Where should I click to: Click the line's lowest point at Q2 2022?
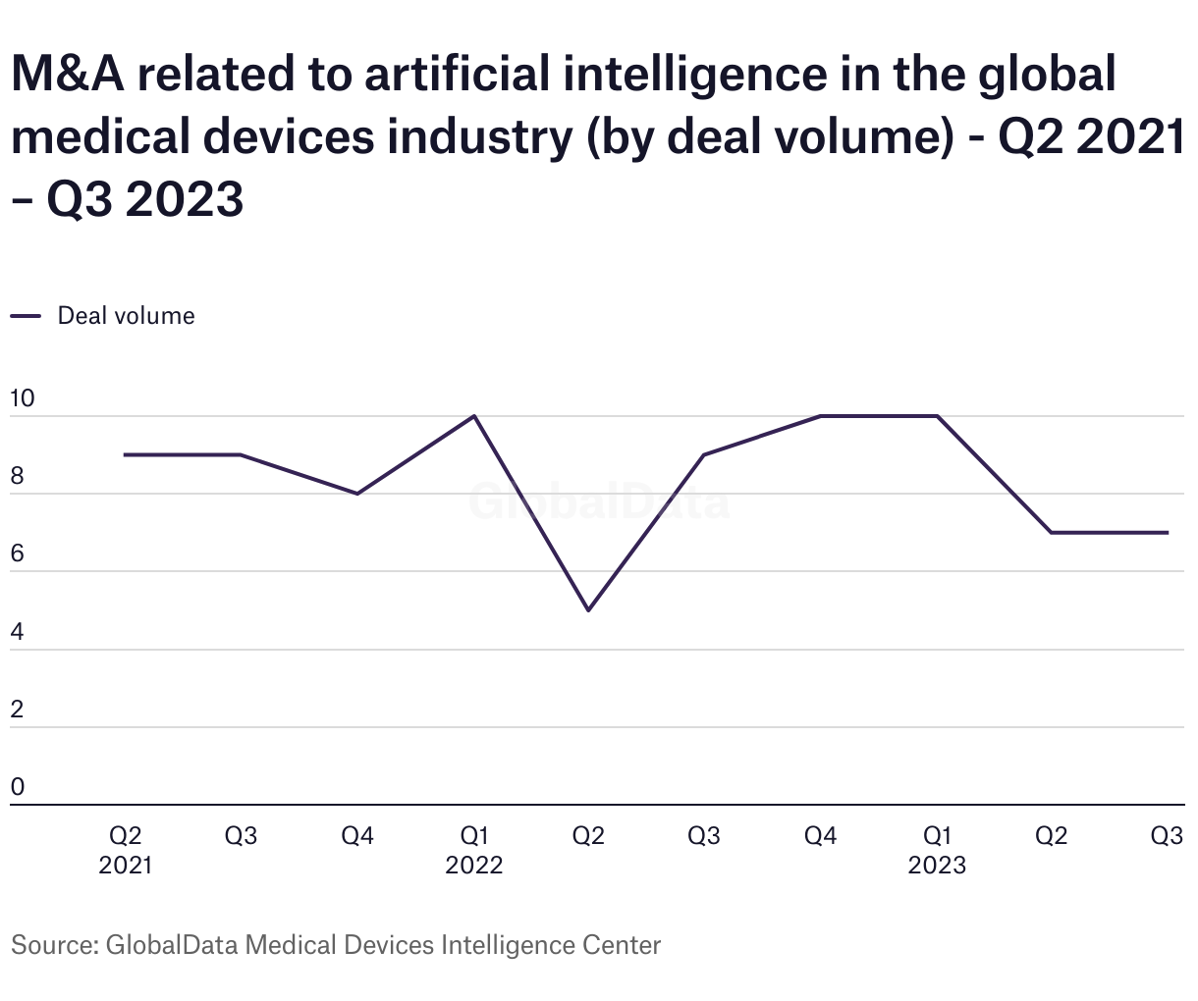[x=588, y=610]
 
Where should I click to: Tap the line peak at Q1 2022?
[x=474, y=416]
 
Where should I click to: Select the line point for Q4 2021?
[x=357, y=494]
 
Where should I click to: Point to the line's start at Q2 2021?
[x=125, y=454]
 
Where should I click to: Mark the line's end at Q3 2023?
[x=1168, y=533]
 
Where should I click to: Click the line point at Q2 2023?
[x=1052, y=533]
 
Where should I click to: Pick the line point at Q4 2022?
[x=820, y=416]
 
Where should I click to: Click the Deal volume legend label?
[x=126, y=316]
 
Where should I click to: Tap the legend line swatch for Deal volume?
[x=27, y=316]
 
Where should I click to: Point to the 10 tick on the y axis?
[x=22, y=398]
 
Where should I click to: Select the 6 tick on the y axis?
[x=17, y=554]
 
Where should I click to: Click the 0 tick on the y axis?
[x=17, y=787]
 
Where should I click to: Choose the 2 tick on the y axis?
[x=17, y=710]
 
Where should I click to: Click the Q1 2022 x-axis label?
[x=474, y=850]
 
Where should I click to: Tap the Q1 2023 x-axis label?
[x=937, y=850]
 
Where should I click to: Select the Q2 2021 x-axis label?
[x=125, y=850]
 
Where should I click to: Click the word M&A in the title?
[x=68, y=75]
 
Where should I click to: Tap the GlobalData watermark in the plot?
[x=599, y=502]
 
